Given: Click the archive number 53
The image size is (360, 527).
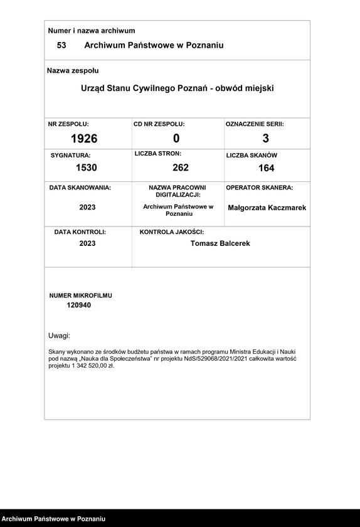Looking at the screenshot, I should pos(61,45).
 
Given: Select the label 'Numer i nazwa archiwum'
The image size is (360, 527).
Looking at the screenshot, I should pos(92,30).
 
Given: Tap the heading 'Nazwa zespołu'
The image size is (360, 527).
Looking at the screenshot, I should pos(73,71).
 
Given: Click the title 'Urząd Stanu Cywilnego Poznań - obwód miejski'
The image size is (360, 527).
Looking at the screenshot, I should pos(177,88).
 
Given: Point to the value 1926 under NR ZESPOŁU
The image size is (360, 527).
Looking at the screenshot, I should pos(84,139).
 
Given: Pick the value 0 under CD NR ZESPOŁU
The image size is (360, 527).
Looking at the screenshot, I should pos(176,139).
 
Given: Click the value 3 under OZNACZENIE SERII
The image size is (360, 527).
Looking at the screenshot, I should pos(266,139).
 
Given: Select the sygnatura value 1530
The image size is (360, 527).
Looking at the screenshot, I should pos(87,168).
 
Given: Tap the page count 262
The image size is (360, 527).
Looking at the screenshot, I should pos(181,168).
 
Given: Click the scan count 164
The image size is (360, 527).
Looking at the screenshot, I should pos(266,168).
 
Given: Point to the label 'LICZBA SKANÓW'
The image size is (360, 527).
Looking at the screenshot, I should pos(251,155).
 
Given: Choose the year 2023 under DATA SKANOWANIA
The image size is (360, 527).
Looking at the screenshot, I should pos(88,207).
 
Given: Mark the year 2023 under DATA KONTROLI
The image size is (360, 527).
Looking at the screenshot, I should pos(88,243).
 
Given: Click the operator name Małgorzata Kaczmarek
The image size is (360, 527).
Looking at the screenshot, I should pos(267,208).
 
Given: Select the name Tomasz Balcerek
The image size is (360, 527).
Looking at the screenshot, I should pos(220,243).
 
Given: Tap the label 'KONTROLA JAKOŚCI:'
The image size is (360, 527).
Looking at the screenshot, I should pos(172,232).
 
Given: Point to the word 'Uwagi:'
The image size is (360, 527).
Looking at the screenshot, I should pos(60,336).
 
